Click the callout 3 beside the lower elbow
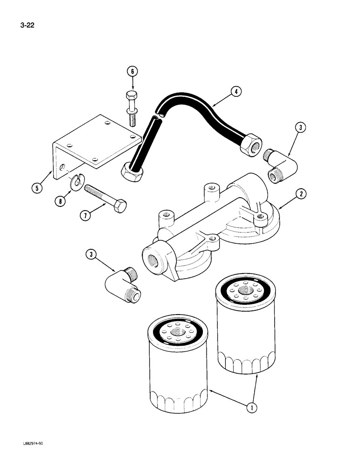point(91,254)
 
